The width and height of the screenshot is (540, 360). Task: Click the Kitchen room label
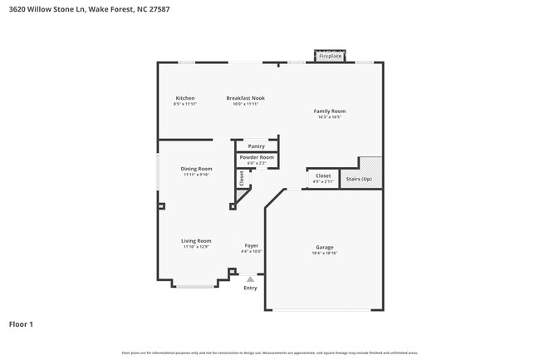[184, 98]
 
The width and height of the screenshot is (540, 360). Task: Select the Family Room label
[329, 111]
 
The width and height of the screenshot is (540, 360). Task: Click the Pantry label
[256, 146]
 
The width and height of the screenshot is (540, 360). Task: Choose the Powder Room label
[256, 157]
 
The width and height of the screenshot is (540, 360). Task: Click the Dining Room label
[197, 169]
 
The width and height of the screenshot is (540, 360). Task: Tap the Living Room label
[196, 241]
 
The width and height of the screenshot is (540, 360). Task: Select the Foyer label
[251, 246]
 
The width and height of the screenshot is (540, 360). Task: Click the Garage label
[324, 247]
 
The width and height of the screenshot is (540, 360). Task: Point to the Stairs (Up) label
[359, 179]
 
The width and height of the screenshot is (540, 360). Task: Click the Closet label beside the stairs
[323, 175]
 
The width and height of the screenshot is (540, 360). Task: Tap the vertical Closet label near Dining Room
[242, 178]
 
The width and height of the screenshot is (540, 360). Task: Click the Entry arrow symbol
[250, 279]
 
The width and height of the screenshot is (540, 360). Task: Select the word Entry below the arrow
[250, 288]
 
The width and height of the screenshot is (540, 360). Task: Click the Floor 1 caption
[21, 323]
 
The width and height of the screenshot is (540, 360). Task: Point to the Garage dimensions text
[324, 253]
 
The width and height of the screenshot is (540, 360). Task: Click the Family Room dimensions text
[329, 116]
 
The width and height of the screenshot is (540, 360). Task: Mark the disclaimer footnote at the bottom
[269, 353]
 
